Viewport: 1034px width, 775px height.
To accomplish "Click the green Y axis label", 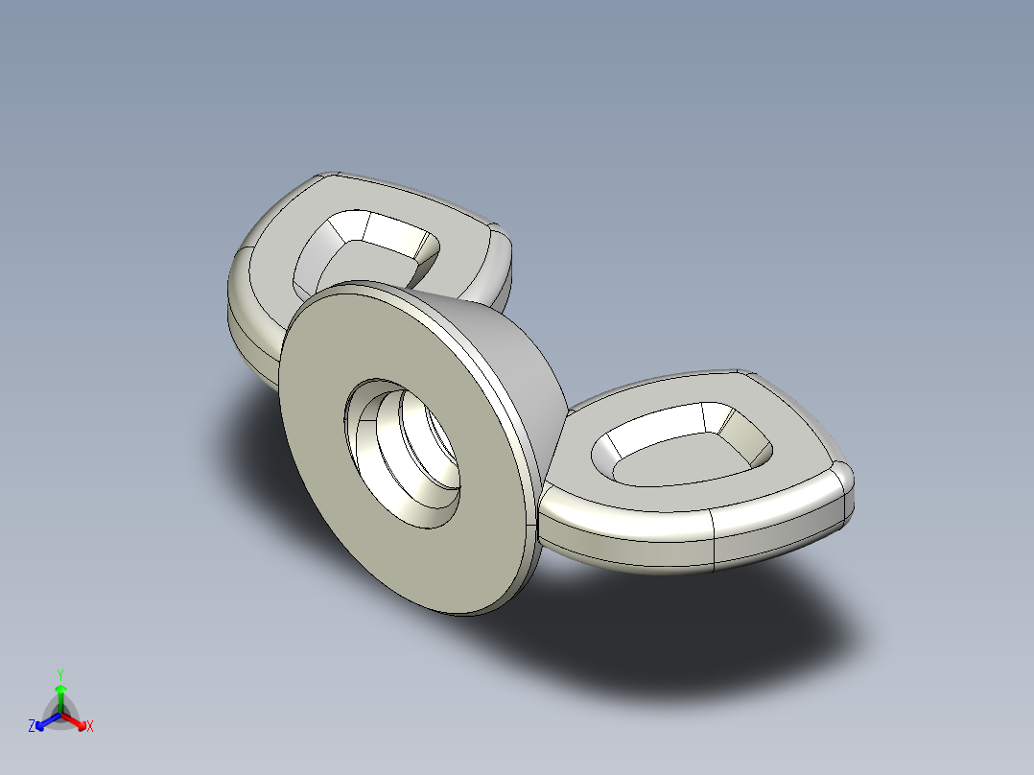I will coord(59,673).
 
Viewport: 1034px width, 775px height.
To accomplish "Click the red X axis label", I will coord(90,727).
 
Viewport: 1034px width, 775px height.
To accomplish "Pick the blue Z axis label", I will coord(32,727).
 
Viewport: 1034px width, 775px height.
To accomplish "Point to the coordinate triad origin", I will coord(60,714).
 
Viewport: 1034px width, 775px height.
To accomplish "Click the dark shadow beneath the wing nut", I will coord(671,623).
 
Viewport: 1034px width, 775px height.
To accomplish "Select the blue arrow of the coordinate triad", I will coord(43,721).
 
